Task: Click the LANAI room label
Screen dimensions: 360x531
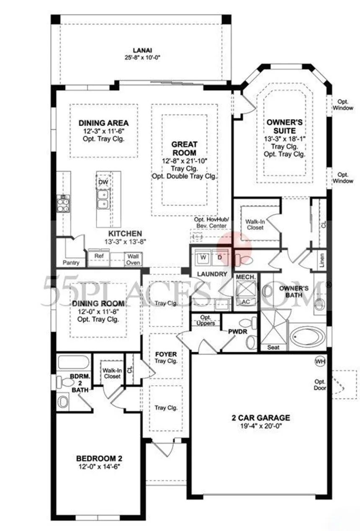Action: pyautogui.click(x=142, y=50)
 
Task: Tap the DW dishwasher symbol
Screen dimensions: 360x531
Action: pyautogui.click(x=103, y=182)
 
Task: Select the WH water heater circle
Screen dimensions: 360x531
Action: pyautogui.click(x=320, y=361)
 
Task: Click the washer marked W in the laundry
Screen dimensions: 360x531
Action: pyautogui.click(x=203, y=257)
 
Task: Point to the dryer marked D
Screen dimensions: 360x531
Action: pyautogui.click(x=220, y=257)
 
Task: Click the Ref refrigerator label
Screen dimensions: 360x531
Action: pyautogui.click(x=99, y=256)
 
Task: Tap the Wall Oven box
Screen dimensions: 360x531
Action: pyautogui.click(x=133, y=259)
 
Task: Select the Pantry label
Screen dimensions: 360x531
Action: pyautogui.click(x=71, y=263)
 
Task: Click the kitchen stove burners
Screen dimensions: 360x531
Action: pyautogui.click(x=63, y=204)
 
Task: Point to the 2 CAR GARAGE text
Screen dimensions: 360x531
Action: pyautogui.click(x=261, y=418)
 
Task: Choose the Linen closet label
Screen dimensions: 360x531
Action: pyautogui.click(x=321, y=260)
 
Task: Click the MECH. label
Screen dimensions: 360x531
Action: pyautogui.click(x=246, y=277)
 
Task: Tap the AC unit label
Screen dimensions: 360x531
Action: pyautogui.click(x=246, y=302)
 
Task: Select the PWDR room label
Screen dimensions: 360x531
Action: pyautogui.click(x=238, y=332)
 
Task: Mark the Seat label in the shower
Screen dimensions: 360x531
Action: pyautogui.click(x=273, y=347)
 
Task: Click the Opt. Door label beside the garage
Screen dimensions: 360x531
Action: pyautogui.click(x=320, y=384)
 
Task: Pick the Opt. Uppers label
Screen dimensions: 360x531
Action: pyautogui.click(x=206, y=320)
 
